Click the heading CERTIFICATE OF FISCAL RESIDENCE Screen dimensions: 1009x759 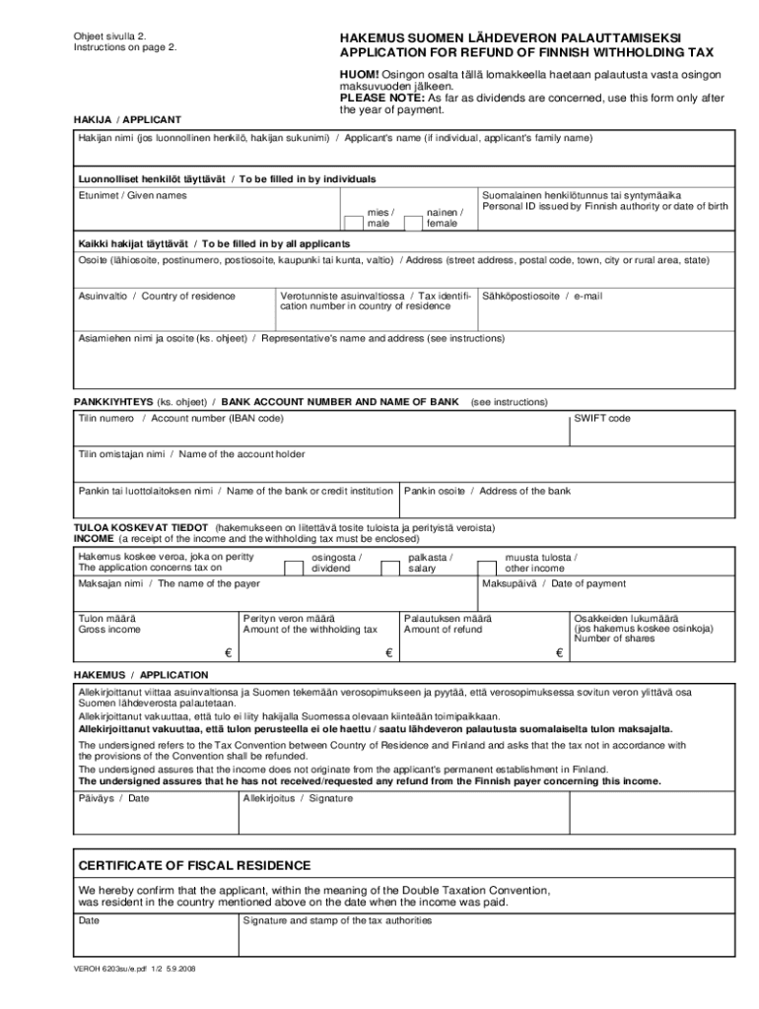pyautogui.click(x=195, y=865)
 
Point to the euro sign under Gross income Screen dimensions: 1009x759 pyautogui.click(x=227, y=652)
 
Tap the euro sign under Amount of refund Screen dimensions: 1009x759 pyautogui.click(x=559, y=652)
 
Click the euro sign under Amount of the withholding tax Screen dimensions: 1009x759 pyautogui.click(x=388, y=652)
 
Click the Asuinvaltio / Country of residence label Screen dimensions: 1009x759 pyautogui.click(x=157, y=296)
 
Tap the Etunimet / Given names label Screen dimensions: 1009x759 pyautogui.click(x=132, y=195)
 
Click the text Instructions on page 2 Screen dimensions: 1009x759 pyautogui.click(x=125, y=47)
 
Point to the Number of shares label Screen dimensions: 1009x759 pyautogui.click(x=614, y=639)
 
